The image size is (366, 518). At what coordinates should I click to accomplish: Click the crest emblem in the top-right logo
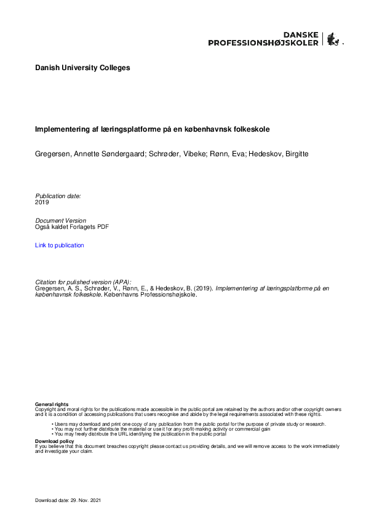click(x=333, y=39)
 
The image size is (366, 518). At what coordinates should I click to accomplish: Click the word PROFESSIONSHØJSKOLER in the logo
click(x=263, y=43)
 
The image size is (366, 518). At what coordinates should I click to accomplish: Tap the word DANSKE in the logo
click(x=300, y=35)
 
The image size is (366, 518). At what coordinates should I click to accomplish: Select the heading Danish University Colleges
click(x=82, y=68)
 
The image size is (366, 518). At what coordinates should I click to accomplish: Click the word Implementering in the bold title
click(x=60, y=130)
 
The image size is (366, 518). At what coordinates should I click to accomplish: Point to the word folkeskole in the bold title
click(x=252, y=130)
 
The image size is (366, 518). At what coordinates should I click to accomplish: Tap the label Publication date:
click(x=58, y=196)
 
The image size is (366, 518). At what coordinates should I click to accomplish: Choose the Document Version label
click(x=61, y=220)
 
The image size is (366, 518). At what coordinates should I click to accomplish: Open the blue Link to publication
click(x=60, y=245)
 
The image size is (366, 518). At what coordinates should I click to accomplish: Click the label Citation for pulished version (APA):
click(x=83, y=282)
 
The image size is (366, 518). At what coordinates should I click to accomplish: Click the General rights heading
click(x=52, y=404)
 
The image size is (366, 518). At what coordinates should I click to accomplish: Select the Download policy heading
click(x=55, y=441)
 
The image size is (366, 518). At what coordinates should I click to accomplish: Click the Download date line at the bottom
click(x=68, y=500)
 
